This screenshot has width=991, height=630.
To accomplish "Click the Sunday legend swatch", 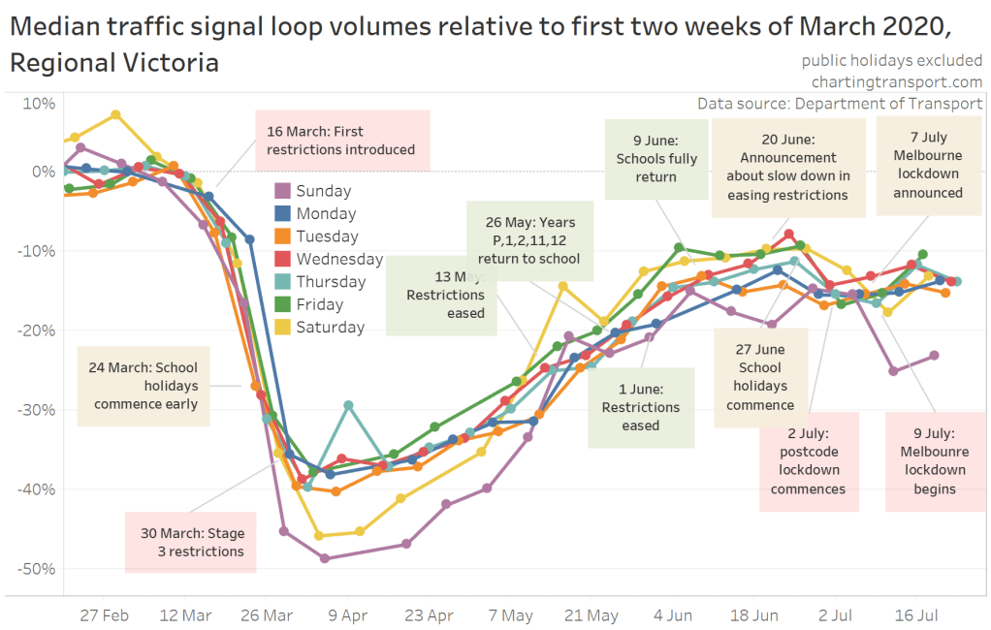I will [x=282, y=191].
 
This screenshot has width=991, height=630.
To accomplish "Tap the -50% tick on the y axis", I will [x=36, y=568].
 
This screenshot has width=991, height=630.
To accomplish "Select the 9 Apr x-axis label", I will [x=348, y=614].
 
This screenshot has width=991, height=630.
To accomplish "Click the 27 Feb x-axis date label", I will [x=104, y=614].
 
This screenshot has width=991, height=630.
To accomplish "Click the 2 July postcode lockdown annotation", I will [x=808, y=461].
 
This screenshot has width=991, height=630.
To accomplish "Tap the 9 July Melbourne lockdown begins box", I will [x=934, y=461].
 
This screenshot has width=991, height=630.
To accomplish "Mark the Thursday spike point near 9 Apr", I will [x=348, y=405].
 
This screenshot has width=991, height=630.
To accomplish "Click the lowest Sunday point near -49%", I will [x=324, y=558].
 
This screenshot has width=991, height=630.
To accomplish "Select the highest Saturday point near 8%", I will [x=115, y=114].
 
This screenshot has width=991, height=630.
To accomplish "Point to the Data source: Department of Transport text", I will [x=840, y=103].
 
